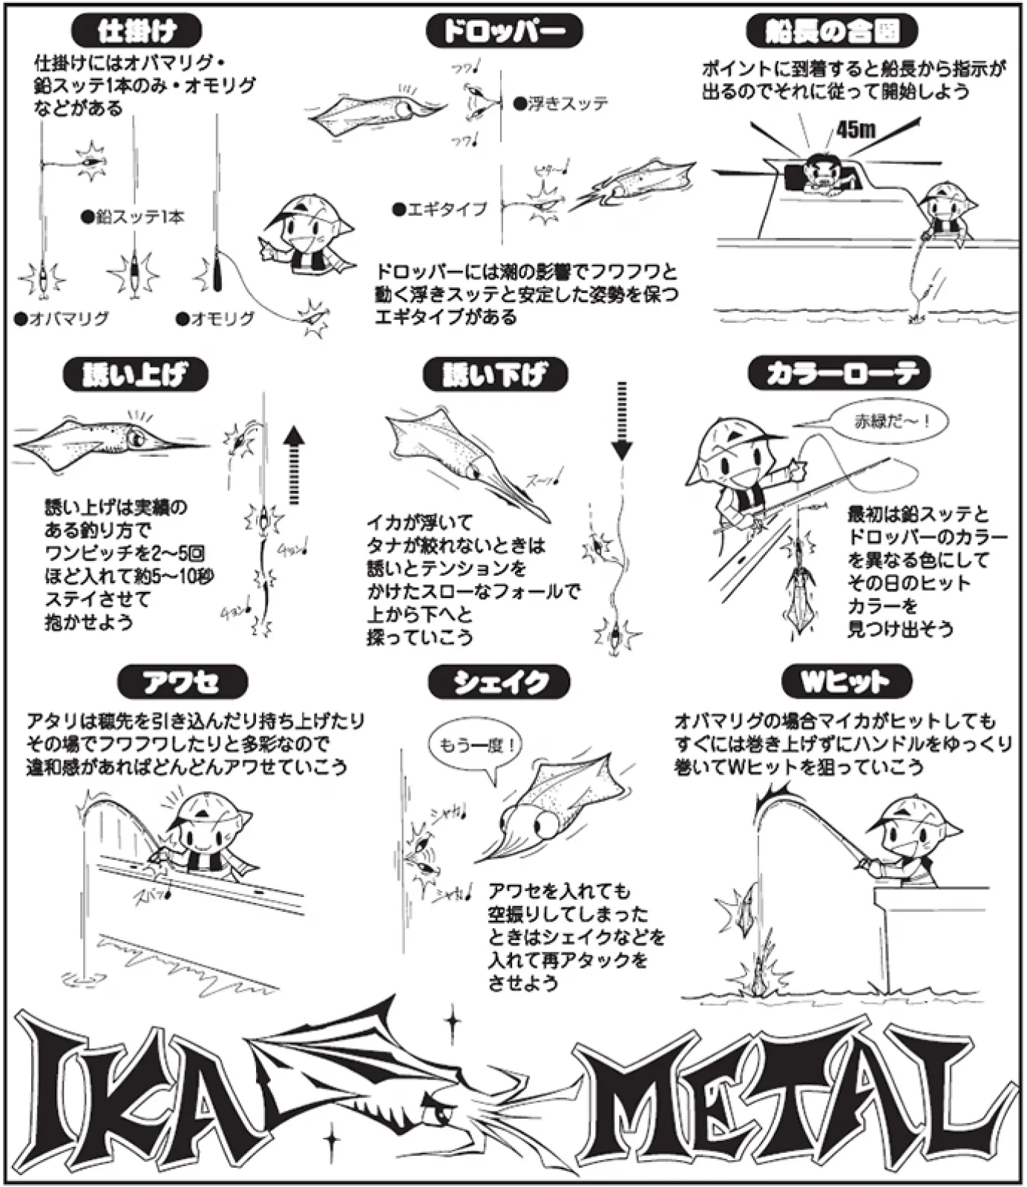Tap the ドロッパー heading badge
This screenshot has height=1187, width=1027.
[504, 32]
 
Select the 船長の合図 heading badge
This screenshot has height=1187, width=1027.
[831, 32]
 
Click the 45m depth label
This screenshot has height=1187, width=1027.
[856, 130]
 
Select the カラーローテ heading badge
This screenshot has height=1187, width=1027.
[838, 373]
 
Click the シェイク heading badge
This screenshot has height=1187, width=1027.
[499, 682]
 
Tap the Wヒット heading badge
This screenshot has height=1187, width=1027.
[846, 681]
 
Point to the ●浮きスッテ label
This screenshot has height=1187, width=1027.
[560, 104]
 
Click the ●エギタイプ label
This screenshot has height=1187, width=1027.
[441, 210]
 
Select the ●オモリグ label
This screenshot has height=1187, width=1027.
[216, 319]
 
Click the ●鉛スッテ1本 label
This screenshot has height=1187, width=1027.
[134, 217]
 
